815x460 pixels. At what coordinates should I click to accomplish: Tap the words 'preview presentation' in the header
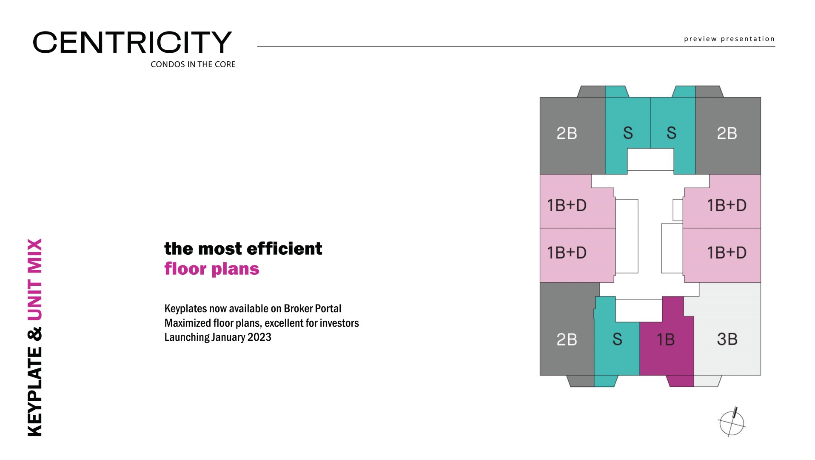point(729,39)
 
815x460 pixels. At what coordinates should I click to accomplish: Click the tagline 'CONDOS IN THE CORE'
point(193,64)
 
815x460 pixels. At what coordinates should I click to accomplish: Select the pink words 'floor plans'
point(212,269)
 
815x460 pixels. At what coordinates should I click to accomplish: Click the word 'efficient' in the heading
point(284,249)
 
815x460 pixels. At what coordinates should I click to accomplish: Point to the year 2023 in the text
point(259,337)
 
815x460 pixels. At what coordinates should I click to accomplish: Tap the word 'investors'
point(339,323)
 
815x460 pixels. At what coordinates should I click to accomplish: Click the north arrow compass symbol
point(732,423)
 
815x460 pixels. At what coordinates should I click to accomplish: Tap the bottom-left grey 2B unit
point(567,339)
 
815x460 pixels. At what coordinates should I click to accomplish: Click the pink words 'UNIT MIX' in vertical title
point(35,279)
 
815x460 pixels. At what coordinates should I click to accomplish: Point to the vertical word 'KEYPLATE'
point(35,391)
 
